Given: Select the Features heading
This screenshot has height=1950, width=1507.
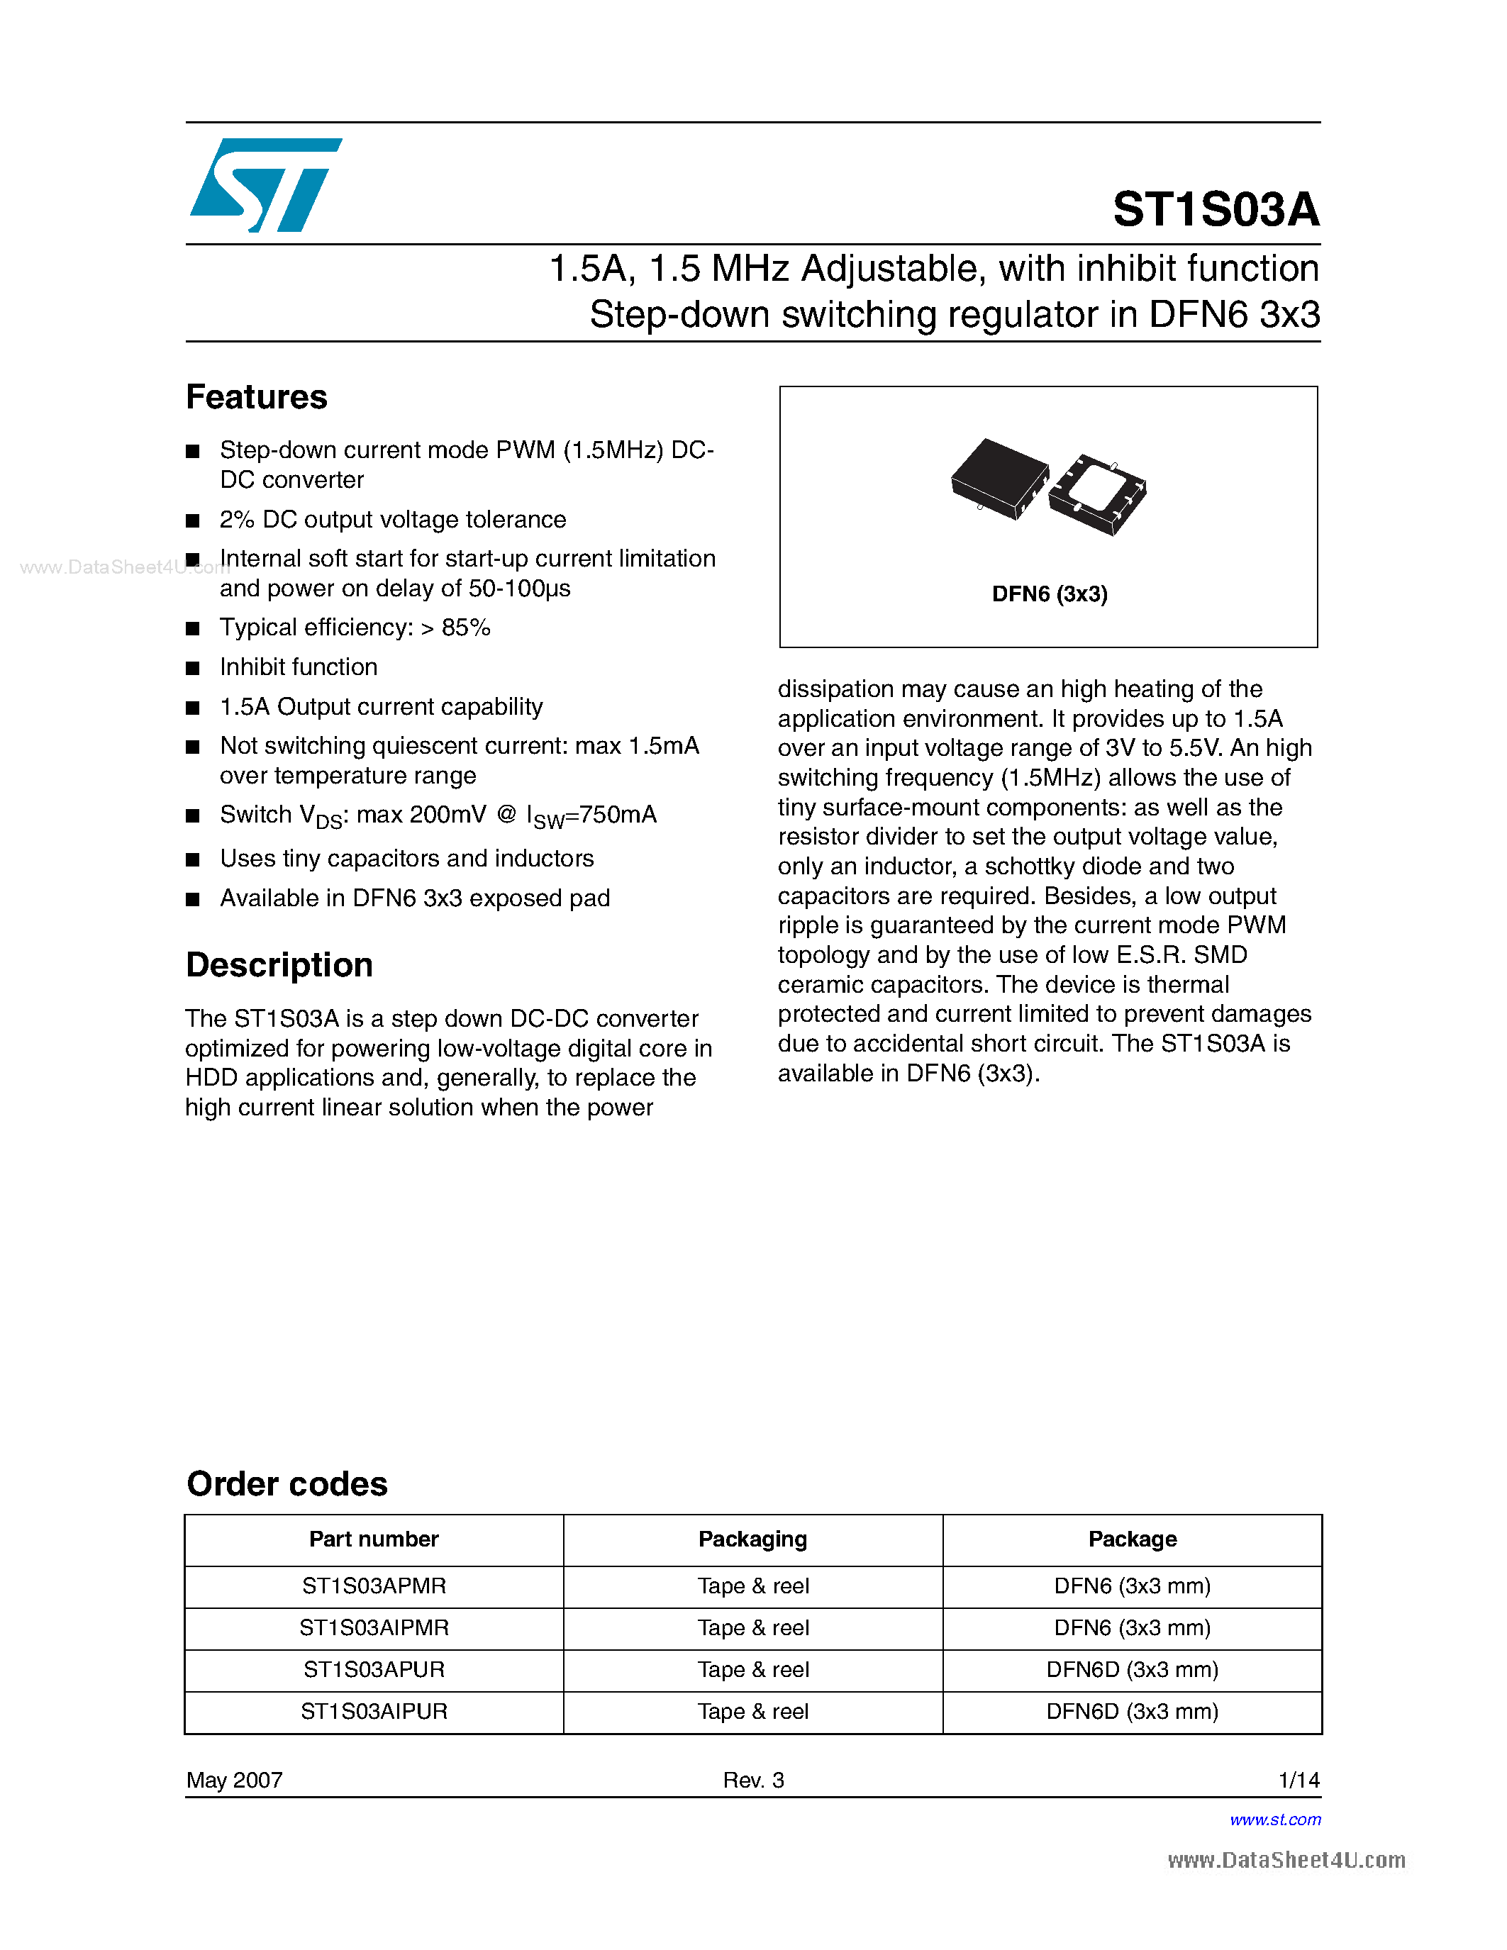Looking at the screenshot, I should point(256,396).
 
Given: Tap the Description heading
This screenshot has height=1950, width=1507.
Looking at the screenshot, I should point(279,965).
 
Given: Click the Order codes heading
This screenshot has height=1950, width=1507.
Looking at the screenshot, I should point(287,1484).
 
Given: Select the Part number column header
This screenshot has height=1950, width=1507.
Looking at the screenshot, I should point(373,1539).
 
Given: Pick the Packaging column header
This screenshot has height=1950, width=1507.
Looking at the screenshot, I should point(752,1539).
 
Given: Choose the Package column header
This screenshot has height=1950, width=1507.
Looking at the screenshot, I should point(1132,1539).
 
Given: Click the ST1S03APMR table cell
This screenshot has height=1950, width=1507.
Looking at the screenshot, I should point(373,1587).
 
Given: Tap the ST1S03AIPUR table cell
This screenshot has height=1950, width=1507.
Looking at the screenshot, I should point(373,1712).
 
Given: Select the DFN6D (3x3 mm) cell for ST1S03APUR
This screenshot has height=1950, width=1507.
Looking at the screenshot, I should point(1132,1670).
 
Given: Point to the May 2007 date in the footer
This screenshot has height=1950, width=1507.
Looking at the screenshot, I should point(234,1781).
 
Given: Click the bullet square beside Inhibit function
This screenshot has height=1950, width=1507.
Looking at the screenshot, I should point(192,668).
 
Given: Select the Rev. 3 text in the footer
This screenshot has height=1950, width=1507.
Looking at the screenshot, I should point(752,1781).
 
